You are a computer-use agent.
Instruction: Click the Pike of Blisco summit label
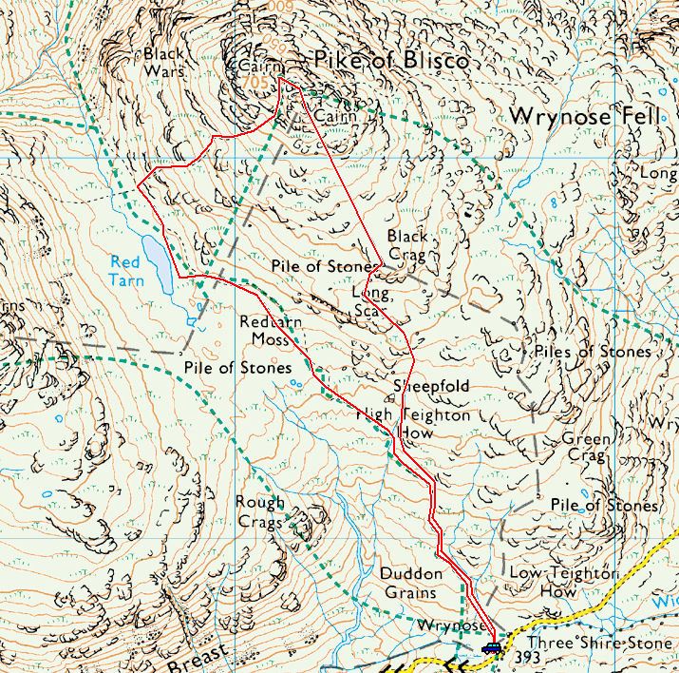click(391, 62)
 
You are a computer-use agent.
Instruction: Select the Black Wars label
click(163, 62)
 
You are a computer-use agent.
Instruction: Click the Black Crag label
click(407, 245)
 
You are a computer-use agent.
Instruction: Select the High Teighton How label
click(413, 423)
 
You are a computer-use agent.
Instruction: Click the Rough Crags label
click(260, 512)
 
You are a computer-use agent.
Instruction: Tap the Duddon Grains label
click(411, 583)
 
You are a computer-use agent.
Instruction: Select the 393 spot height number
click(526, 658)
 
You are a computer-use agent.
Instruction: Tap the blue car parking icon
click(491, 648)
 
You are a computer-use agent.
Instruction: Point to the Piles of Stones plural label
click(593, 352)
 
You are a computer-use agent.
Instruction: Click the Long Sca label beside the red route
click(368, 302)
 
